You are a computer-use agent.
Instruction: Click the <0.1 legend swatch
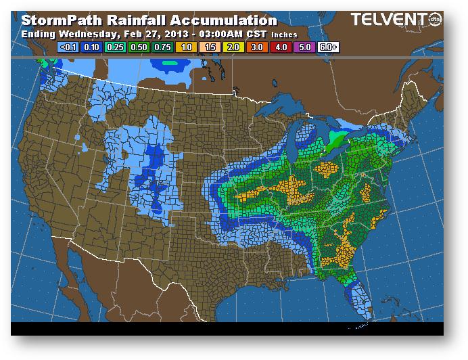coord(68,47)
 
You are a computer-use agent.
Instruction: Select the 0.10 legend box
coord(91,47)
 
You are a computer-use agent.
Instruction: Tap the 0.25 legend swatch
coord(114,47)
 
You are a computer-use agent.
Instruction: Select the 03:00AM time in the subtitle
coord(217,34)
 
